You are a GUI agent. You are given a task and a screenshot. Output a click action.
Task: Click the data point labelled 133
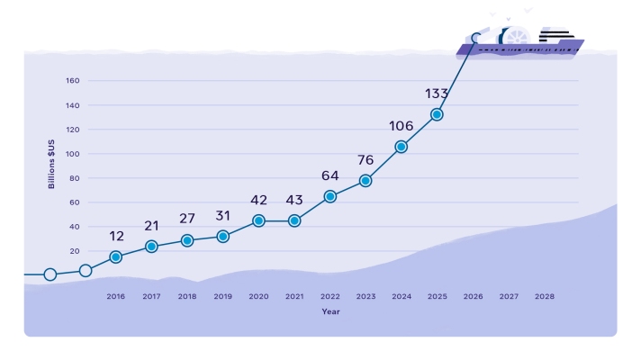437,114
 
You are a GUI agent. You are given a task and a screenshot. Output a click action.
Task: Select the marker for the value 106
401,147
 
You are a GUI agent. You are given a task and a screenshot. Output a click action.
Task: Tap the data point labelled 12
115,256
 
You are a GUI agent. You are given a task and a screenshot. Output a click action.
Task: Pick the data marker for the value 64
330,196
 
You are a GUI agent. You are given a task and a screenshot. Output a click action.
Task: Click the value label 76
366,160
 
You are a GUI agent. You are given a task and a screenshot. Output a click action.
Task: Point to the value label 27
187,219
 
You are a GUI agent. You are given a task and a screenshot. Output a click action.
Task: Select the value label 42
258,200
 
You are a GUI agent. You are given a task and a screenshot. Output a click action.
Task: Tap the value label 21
151,225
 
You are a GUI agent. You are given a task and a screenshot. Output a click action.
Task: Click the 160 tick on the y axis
73,81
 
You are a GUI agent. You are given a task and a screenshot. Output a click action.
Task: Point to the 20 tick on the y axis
75,251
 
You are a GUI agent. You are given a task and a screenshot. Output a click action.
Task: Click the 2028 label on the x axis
545,296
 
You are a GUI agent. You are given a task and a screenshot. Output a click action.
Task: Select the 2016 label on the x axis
115,296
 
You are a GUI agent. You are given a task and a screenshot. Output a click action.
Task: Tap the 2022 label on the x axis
330,296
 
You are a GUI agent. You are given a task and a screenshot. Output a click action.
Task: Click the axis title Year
330,311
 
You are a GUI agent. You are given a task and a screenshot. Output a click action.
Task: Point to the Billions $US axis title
52,162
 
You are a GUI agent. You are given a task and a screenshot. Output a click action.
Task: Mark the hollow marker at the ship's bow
476,39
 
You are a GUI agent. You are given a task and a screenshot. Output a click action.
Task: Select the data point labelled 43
294,220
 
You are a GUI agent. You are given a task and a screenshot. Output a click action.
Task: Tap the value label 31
223,215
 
